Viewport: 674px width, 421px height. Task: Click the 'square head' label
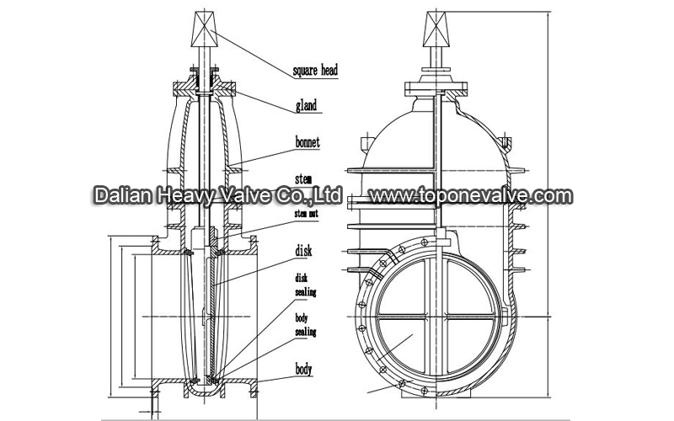point(314,71)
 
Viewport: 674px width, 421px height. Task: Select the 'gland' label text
point(305,107)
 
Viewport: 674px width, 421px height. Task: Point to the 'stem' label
point(304,179)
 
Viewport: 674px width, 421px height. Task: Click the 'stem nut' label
point(306,214)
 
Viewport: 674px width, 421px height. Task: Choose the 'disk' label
point(304,249)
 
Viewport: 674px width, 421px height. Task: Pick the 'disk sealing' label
point(306,285)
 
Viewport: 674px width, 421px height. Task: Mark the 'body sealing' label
point(306,326)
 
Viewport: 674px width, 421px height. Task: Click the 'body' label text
point(304,369)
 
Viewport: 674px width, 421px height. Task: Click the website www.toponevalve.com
point(471,196)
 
